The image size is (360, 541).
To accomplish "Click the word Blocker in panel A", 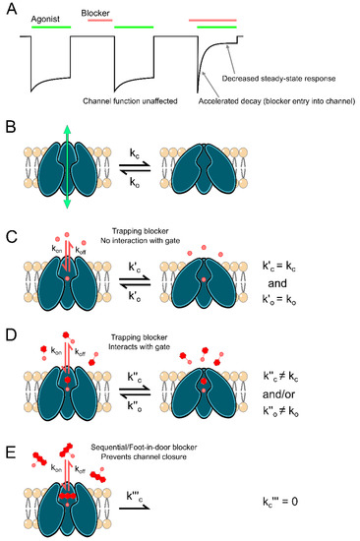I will click(99, 15).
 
